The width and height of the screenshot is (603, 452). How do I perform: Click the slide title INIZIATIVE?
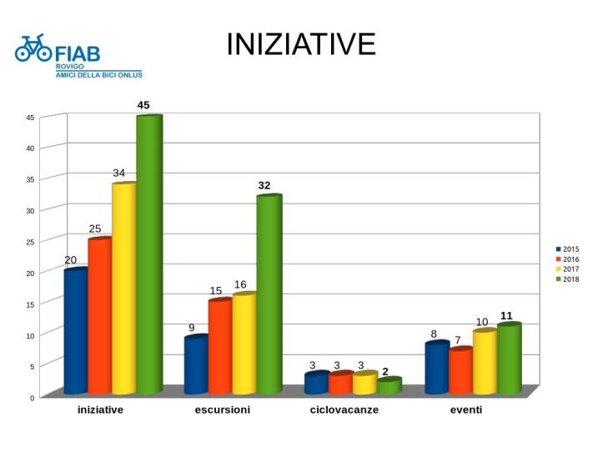click(x=301, y=45)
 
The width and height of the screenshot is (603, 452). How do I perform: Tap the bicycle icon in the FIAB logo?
click(x=33, y=49)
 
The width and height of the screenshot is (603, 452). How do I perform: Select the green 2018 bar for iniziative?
click(x=148, y=254)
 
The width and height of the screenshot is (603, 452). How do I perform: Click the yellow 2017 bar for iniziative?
click(x=123, y=288)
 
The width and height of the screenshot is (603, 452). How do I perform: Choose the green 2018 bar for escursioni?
click(x=269, y=294)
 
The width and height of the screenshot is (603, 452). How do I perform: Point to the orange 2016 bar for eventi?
click(x=460, y=371)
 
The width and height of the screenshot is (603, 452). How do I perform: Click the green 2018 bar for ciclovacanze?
click(x=389, y=386)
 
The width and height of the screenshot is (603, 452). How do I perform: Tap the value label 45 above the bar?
click(x=143, y=105)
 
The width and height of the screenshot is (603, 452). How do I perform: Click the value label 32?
click(x=264, y=185)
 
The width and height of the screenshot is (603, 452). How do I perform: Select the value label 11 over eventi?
click(x=506, y=315)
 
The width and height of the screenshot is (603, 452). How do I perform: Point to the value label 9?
click(x=191, y=328)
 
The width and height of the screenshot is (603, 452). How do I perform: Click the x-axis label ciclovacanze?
click(x=344, y=410)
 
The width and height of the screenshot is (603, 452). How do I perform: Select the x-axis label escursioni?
click(x=222, y=410)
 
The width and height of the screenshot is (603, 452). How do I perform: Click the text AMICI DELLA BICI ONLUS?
click(x=98, y=75)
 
